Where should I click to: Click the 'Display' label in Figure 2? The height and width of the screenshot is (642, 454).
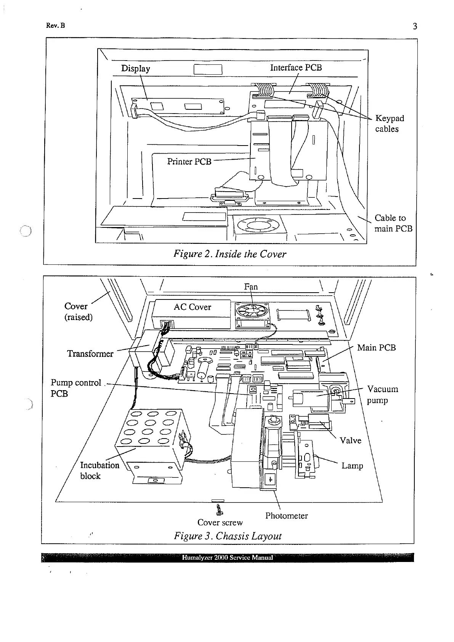(x=135, y=69)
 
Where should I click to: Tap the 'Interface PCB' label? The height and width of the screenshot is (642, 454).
(x=296, y=68)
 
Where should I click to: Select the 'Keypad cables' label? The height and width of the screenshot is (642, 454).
(x=389, y=123)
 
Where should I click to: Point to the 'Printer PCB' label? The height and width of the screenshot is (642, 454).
(x=189, y=162)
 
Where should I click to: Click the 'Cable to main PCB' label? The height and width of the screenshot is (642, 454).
(x=393, y=223)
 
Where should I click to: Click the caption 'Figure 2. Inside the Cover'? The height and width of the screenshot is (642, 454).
(x=229, y=254)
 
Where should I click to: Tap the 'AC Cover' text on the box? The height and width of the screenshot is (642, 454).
(x=192, y=307)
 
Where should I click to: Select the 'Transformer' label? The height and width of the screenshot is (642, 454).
(x=90, y=354)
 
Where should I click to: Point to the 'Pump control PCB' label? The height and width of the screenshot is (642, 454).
(x=75, y=388)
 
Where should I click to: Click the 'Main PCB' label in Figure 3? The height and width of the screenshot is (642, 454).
(x=376, y=347)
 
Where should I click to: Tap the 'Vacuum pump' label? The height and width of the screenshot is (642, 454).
(x=382, y=395)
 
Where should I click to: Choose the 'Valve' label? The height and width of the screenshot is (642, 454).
(x=350, y=441)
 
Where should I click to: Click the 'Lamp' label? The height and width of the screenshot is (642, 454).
(x=352, y=466)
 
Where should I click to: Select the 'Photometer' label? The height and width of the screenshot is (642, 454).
(x=286, y=516)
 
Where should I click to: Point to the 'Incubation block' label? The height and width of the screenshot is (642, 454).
(x=99, y=471)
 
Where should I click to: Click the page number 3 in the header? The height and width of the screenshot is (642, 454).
(x=415, y=26)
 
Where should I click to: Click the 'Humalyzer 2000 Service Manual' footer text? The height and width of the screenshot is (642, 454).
(x=227, y=557)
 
